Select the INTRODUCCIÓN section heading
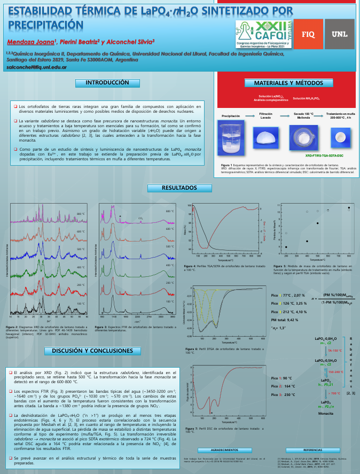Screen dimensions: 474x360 pos(108,83)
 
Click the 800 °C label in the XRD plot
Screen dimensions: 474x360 pos(81,214)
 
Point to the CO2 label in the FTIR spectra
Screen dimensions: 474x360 pos(140,218)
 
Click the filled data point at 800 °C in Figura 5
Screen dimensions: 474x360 pos(349,207)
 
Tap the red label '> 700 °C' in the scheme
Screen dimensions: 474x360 pos(334,393)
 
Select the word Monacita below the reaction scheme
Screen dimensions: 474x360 pos(326,414)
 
